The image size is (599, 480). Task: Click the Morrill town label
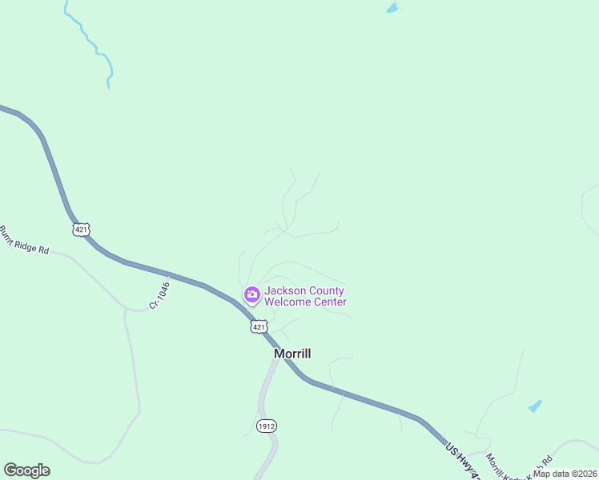[x=291, y=354]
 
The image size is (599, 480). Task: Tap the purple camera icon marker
[x=252, y=296]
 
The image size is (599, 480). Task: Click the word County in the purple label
[x=328, y=291]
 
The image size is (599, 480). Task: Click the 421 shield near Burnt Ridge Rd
[x=81, y=230]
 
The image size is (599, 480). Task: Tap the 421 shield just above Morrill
[x=258, y=326]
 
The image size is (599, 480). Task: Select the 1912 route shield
[x=267, y=426]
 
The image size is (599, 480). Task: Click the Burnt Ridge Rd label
[x=23, y=240]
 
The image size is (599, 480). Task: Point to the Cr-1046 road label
[x=159, y=294]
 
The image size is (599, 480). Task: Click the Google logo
[x=26, y=470]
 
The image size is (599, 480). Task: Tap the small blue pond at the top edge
[x=392, y=9]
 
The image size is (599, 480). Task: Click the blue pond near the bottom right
[x=535, y=406]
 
